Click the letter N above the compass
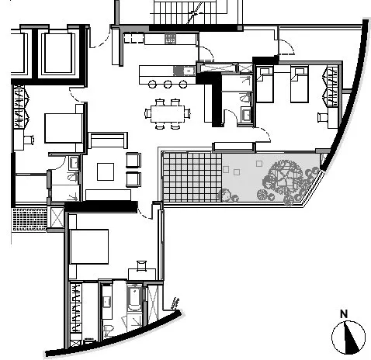click(344, 313)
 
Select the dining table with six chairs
click(168, 114)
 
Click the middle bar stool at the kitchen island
click(168, 84)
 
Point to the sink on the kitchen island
click(189, 71)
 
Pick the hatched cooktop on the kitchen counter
click(171, 39)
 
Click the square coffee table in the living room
click(106, 171)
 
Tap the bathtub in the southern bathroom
click(134, 298)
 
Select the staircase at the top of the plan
click(185, 12)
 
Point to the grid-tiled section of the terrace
click(192, 177)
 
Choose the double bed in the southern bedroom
click(89, 247)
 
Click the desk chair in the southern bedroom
click(141, 265)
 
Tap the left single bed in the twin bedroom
click(265, 85)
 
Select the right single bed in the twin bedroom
click(300, 85)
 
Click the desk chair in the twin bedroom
click(322, 117)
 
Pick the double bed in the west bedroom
click(64, 128)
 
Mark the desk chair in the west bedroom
click(29, 140)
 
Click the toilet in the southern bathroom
click(109, 331)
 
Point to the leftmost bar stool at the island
click(152, 84)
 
